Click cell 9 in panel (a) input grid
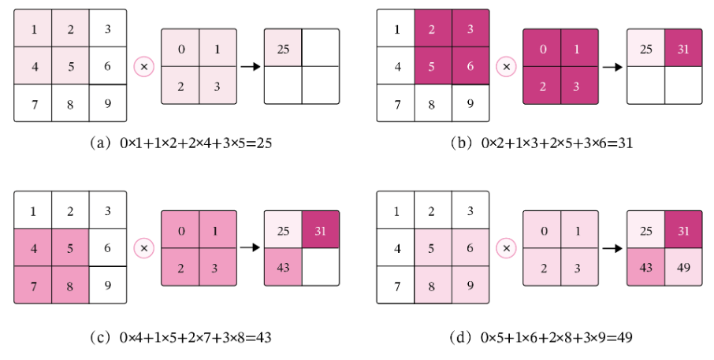tap(107, 103)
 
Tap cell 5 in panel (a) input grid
tap(71, 65)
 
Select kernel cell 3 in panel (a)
tap(218, 86)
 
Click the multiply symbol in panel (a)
tap(143, 67)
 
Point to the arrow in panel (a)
tap(250, 67)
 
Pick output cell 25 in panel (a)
tap(283, 49)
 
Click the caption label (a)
tap(102, 143)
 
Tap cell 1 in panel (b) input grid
tap(396, 29)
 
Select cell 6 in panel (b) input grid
tap(470, 66)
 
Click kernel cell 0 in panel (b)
tap(542, 49)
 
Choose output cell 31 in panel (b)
tap(682, 49)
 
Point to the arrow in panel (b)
tap(612, 67)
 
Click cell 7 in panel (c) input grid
tap(33, 285)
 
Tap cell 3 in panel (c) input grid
tap(107, 211)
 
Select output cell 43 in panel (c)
tap(283, 267)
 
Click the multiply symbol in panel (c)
tap(143, 249)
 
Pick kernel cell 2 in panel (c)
tap(180, 267)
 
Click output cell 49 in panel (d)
tap(682, 267)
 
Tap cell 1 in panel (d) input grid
tap(396, 211)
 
